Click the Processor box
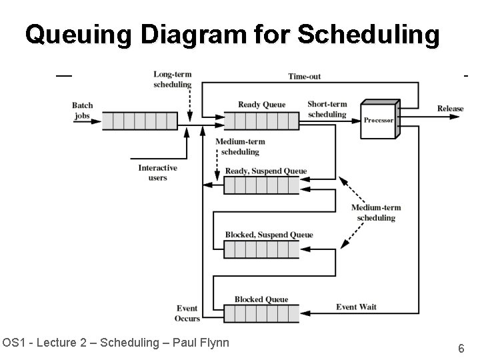(379, 120)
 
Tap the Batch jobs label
(83, 111)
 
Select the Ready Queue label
(261, 105)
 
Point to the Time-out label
(304, 77)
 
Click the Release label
(450, 109)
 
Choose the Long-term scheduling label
(172, 79)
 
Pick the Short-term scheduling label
(327, 109)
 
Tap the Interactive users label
(158, 173)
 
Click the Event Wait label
(356, 307)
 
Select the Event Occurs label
(187, 313)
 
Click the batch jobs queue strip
(140, 121)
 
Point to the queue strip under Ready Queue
(261, 121)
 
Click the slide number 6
(461, 348)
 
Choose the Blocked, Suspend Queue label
(269, 235)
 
